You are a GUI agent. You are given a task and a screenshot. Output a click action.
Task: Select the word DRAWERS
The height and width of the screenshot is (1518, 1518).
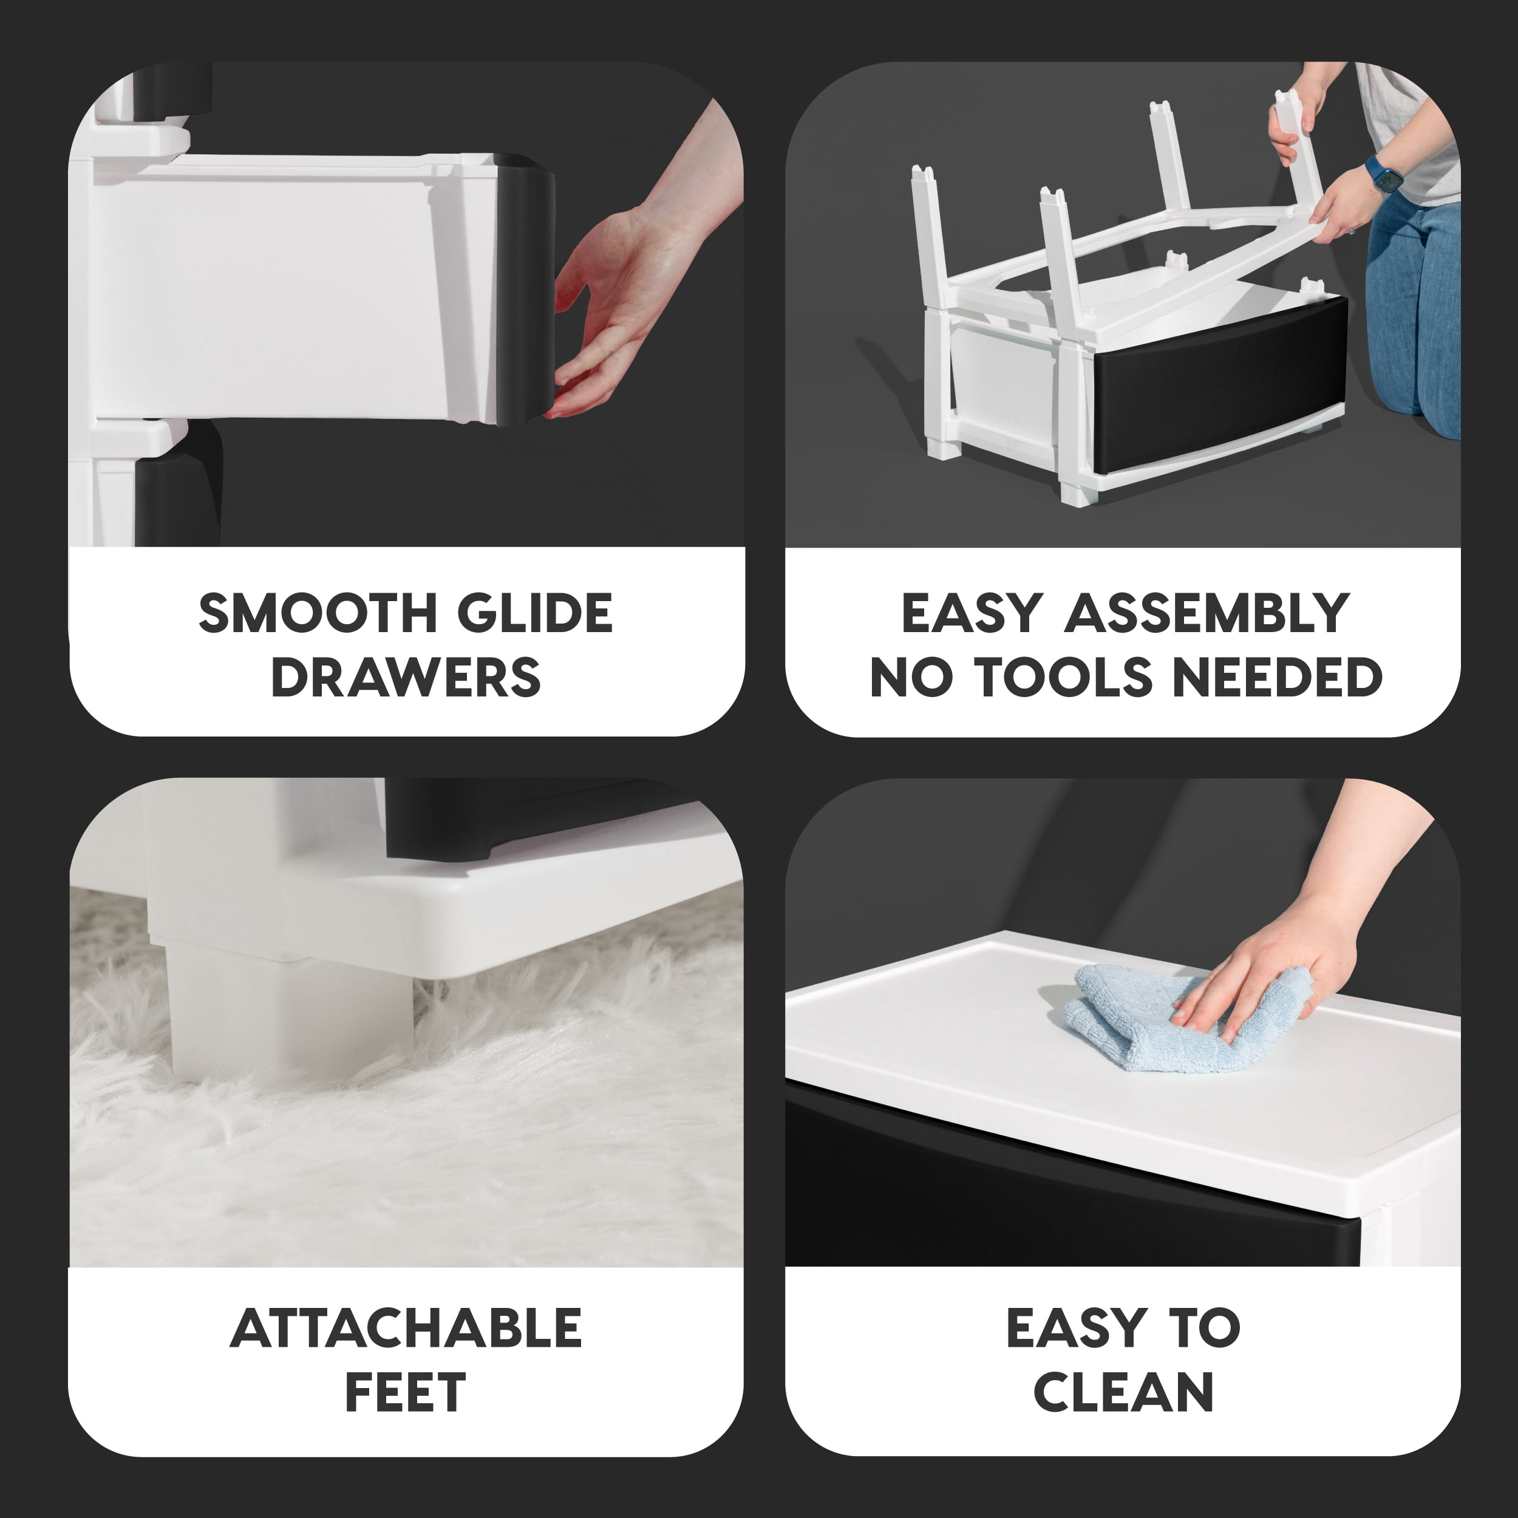click(406, 677)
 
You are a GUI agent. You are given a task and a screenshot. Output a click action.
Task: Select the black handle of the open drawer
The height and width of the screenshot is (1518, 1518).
click(525, 288)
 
